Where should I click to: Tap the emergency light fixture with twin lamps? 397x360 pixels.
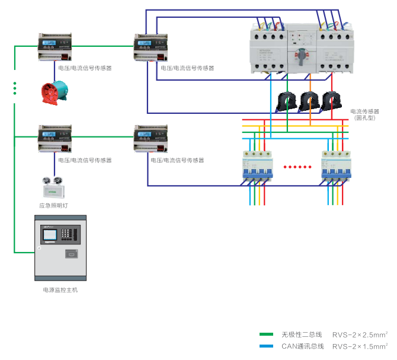pyautogui.click(x=52, y=189)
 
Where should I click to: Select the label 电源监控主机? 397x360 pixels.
pyautogui.click(x=60, y=290)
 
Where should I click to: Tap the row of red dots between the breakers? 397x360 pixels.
pyautogui.click(x=297, y=167)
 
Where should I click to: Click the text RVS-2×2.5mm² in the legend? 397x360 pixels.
pyautogui.click(x=360, y=334)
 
